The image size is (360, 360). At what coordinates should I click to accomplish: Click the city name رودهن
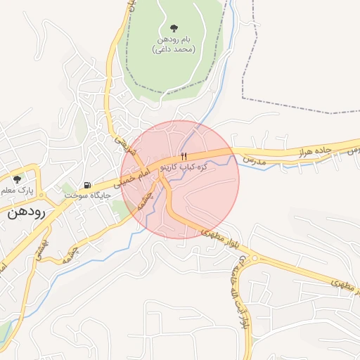27,213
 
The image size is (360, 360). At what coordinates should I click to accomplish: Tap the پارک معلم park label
15,191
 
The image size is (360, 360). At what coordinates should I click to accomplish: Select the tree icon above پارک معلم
17,179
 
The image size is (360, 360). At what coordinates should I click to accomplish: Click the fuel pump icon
87,186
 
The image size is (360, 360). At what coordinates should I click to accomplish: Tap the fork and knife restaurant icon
184,156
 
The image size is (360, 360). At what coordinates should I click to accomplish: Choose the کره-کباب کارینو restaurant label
184,167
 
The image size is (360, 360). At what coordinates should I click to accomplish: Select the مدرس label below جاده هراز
256,161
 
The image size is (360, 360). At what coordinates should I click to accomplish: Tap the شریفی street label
124,147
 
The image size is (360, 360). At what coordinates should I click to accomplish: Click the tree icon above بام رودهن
172,28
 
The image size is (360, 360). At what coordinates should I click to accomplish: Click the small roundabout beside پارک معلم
41,195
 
